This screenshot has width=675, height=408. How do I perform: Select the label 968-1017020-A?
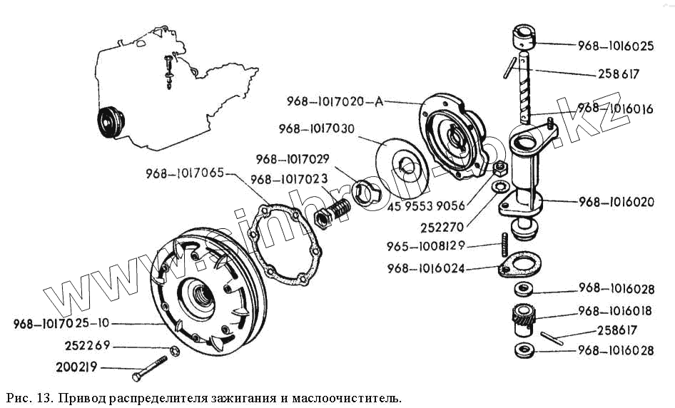[335, 101]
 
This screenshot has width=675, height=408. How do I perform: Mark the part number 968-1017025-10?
[61, 324]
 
